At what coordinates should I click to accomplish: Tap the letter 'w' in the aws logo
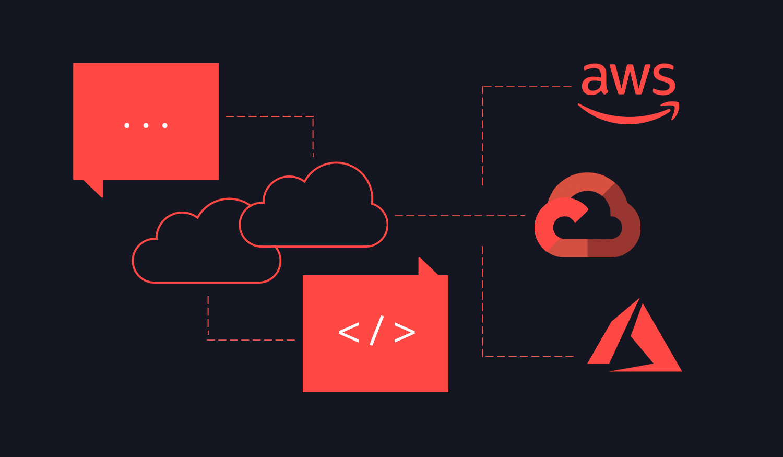click(628, 79)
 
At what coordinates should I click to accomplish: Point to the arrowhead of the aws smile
click(673, 109)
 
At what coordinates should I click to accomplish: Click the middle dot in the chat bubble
click(146, 125)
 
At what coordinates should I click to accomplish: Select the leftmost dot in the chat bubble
click(127, 125)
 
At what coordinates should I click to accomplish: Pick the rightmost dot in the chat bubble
click(165, 125)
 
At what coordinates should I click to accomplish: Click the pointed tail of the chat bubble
click(97, 187)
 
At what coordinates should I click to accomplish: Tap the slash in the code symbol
click(377, 331)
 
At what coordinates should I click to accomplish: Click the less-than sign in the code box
click(349, 332)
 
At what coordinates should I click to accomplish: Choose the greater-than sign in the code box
click(405, 332)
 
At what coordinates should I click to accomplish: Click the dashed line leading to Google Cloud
click(460, 216)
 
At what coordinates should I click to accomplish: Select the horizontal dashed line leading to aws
click(527, 86)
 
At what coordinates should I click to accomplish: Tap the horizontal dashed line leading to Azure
click(528, 356)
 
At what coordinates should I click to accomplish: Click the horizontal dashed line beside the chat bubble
click(269, 116)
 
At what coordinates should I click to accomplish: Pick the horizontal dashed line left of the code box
click(251, 339)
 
